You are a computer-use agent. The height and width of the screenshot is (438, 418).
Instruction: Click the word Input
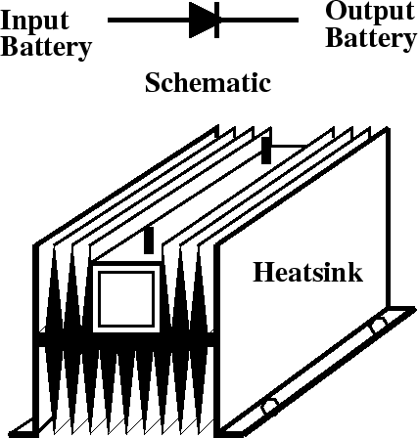coord(35,22)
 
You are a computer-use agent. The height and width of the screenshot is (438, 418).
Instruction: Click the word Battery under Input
coord(46,47)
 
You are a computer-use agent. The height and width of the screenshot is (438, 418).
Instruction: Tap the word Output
coord(370,13)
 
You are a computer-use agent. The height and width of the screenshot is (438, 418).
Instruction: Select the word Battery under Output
coord(371,38)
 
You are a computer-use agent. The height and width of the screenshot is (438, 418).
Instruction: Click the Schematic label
coord(208,83)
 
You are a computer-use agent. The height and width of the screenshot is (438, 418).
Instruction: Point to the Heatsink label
coord(307,272)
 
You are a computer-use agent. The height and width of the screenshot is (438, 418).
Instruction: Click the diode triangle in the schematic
coord(202,20)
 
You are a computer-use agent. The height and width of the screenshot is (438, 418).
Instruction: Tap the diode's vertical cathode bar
coord(217,20)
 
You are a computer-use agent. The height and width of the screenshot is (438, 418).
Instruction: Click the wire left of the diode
coord(149,21)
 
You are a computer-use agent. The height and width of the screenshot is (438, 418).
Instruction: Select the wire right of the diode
coord(258,21)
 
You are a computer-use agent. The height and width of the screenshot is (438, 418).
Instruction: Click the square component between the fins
coord(126,299)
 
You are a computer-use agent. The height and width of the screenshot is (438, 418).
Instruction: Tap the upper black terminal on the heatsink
coord(266,151)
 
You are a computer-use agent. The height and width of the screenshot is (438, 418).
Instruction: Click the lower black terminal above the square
coord(149,241)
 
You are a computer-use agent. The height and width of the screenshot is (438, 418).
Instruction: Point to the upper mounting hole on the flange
coord(378,324)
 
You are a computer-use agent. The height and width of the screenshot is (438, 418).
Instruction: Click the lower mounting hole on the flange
coord(270,405)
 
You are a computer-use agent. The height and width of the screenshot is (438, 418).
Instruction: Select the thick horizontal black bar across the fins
coord(126,339)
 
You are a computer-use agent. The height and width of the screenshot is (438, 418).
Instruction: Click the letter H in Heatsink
coord(263,272)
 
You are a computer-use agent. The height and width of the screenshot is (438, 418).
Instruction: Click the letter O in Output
coord(336,11)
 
